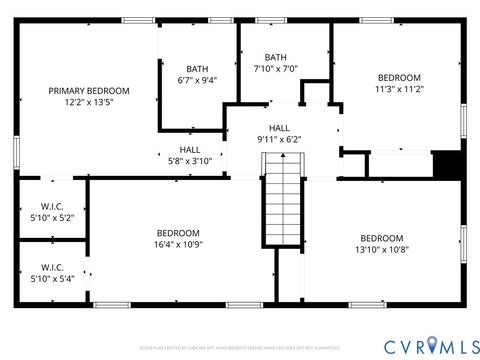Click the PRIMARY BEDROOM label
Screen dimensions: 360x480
[89, 91]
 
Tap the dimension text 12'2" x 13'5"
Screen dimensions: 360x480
[89, 102]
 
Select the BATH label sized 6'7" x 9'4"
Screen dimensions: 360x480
[197, 69]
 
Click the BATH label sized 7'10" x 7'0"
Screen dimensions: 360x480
[276, 57]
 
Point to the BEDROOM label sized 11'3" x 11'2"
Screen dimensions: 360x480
[399, 77]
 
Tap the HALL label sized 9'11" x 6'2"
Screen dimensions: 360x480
[279, 128]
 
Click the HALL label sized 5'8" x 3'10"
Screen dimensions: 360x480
[190, 148]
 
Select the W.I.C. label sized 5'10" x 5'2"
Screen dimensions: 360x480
[52, 205]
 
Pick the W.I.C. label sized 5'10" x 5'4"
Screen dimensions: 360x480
[52, 267]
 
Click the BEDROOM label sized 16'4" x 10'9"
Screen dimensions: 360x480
[177, 232]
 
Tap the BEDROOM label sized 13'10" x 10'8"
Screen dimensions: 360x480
[381, 238]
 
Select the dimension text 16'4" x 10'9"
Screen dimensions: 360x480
[177, 244]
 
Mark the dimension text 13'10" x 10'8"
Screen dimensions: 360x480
[381, 250]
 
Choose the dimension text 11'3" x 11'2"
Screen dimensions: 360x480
[399, 89]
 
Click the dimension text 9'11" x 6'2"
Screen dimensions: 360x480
[279, 140]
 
